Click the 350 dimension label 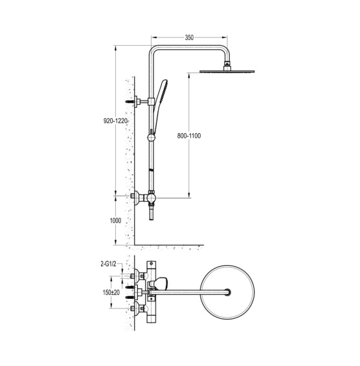click(x=189, y=38)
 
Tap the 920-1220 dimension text click(x=116, y=121)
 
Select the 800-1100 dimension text click(x=189, y=136)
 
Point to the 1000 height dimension click(x=115, y=221)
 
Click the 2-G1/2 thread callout click(x=108, y=264)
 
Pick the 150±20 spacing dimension click(x=111, y=292)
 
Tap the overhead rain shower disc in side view click(x=227, y=71)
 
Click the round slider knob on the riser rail click(x=151, y=138)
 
